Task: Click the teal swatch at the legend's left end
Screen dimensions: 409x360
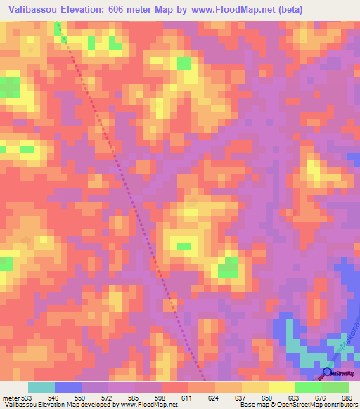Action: tap(41, 387)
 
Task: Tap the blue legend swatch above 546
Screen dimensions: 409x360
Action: tap(68, 387)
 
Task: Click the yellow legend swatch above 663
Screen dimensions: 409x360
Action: tap(282, 387)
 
